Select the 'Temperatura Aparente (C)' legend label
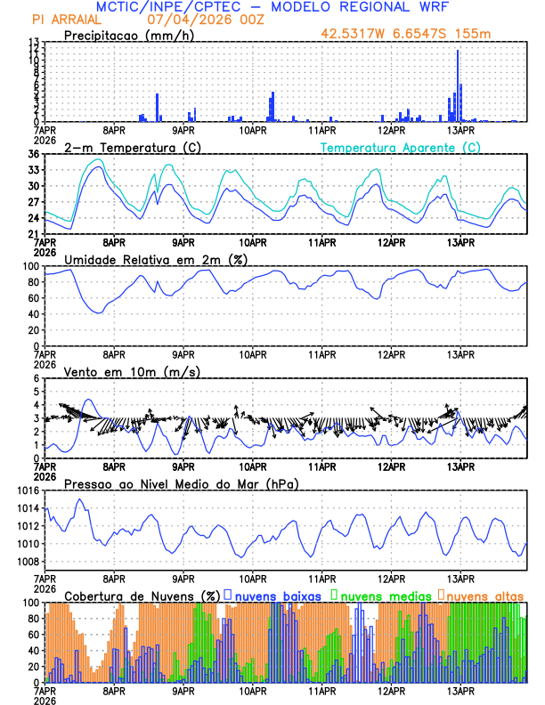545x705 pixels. click(x=401, y=147)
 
